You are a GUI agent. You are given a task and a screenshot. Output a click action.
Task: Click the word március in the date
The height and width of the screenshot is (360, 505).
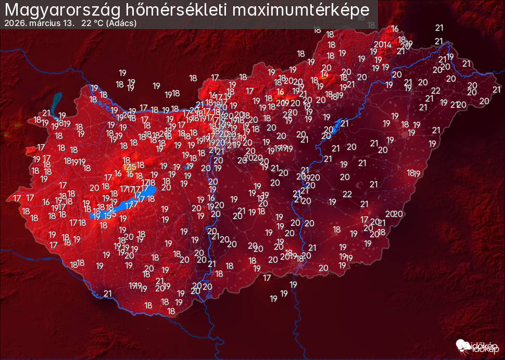(x=44, y=23)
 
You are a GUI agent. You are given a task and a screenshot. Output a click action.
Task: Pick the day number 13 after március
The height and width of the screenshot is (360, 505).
(x=69, y=23)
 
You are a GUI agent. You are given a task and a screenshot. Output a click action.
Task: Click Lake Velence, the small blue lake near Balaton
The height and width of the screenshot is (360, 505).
(x=187, y=168)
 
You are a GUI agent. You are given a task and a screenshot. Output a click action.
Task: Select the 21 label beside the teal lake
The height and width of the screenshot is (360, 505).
(x=46, y=113)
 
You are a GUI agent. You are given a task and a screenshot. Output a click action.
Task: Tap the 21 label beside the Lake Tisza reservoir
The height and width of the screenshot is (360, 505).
(x=345, y=123)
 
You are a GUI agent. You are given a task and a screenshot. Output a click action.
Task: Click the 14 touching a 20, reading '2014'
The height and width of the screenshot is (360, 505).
(x=387, y=44)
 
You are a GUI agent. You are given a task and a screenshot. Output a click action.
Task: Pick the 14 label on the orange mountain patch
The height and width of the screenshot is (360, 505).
(x=324, y=74)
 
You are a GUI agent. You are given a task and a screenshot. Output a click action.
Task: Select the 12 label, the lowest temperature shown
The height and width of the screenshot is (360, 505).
(x=128, y=167)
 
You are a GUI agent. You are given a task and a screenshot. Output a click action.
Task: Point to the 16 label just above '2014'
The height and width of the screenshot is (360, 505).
(x=395, y=29)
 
